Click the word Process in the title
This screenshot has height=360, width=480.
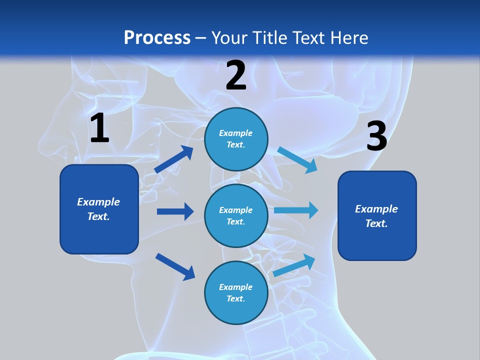tap(157, 37)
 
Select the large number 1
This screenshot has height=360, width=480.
tap(99, 128)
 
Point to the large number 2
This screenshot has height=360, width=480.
tap(236, 75)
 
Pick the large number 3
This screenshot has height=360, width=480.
tap(376, 137)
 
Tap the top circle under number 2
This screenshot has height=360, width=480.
tap(236, 139)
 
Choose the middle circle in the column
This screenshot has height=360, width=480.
tap(236, 215)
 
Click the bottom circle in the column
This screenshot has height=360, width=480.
tap(236, 292)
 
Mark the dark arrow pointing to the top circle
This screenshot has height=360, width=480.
tap(174, 159)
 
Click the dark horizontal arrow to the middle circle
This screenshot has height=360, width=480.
tap(175, 211)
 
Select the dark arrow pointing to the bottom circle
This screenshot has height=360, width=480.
tap(175, 266)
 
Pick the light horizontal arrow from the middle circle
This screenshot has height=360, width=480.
tap(296, 210)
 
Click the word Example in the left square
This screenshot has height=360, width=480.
tap(98, 202)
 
